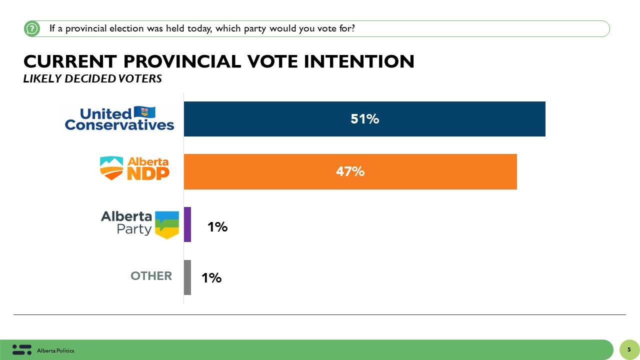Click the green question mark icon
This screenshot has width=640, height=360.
point(32,28)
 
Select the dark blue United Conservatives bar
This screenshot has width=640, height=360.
point(364,119)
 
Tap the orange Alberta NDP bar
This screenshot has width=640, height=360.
point(350,171)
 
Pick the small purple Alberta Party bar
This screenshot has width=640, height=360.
point(187,224)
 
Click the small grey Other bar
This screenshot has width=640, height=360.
point(187,277)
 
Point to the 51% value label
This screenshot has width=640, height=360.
point(364,119)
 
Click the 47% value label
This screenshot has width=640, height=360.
point(350,171)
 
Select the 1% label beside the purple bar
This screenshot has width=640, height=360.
point(217,227)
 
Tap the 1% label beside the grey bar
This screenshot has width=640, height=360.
point(211,278)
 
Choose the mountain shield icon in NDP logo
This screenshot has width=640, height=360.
point(111,167)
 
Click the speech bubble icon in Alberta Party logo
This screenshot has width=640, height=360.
point(166,224)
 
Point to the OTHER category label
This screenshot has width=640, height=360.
point(151,276)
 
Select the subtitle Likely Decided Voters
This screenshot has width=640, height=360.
point(92,79)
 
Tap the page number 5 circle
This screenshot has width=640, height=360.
point(629,349)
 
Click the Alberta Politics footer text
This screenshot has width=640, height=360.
point(55,351)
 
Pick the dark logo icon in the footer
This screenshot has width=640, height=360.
point(21,349)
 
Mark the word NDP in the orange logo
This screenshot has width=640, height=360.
point(148,173)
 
